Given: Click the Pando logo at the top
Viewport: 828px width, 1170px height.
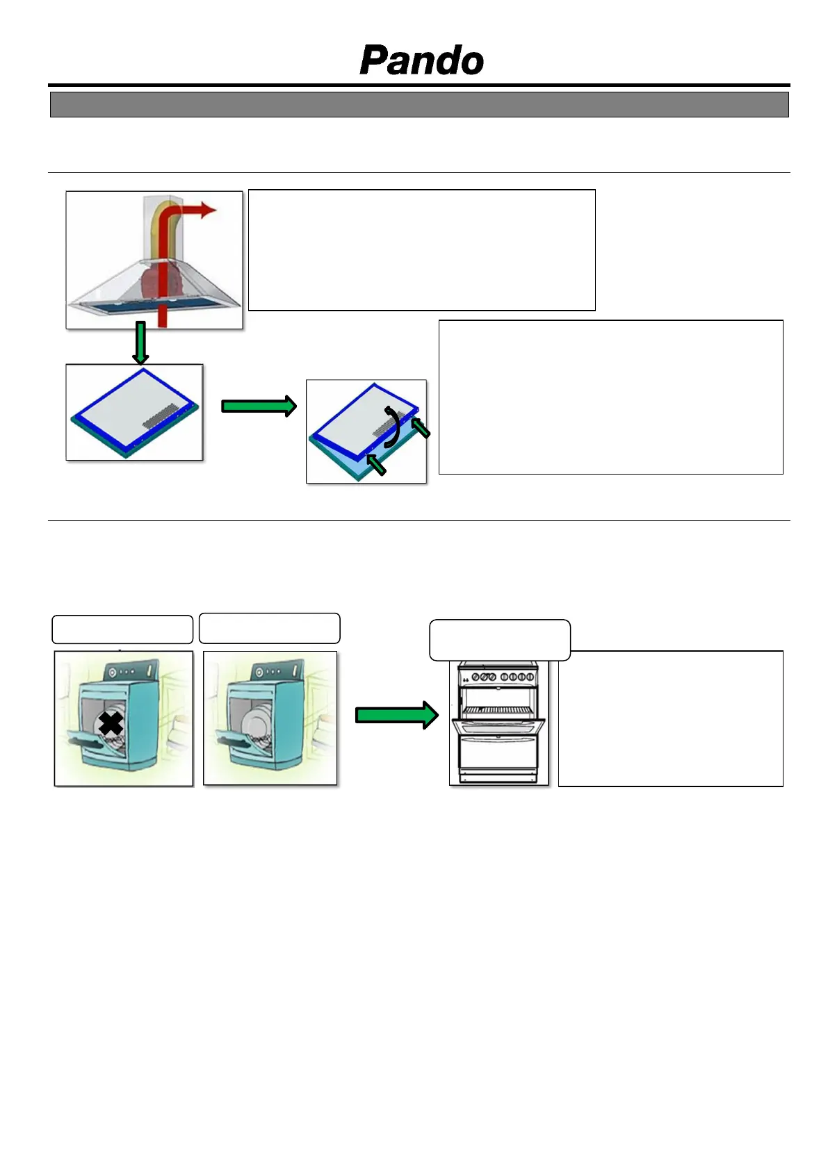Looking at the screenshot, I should point(421,60).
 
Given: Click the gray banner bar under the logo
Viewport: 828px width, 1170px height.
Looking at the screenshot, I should point(419,105).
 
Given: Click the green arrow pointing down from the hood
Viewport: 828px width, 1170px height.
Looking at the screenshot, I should point(140,343).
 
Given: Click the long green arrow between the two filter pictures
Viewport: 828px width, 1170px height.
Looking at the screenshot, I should point(259,406).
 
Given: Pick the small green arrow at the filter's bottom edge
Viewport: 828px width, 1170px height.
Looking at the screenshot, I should point(375,463).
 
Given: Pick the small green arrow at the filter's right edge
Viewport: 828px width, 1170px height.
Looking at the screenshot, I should point(421,427).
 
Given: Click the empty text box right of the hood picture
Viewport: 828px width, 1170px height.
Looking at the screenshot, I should point(421,249).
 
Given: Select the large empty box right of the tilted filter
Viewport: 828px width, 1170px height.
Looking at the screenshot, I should point(610,397).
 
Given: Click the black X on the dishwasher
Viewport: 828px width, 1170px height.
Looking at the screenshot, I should point(111,723).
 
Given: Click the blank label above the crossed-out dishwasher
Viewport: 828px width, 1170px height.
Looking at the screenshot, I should point(122,629).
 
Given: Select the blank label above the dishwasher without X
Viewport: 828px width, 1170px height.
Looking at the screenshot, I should point(269,628).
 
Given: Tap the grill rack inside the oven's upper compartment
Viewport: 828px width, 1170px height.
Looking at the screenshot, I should point(498,710).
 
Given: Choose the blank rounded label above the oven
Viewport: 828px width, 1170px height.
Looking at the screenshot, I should point(500,640).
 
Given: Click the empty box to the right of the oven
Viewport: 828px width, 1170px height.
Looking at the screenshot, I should point(670,718).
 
